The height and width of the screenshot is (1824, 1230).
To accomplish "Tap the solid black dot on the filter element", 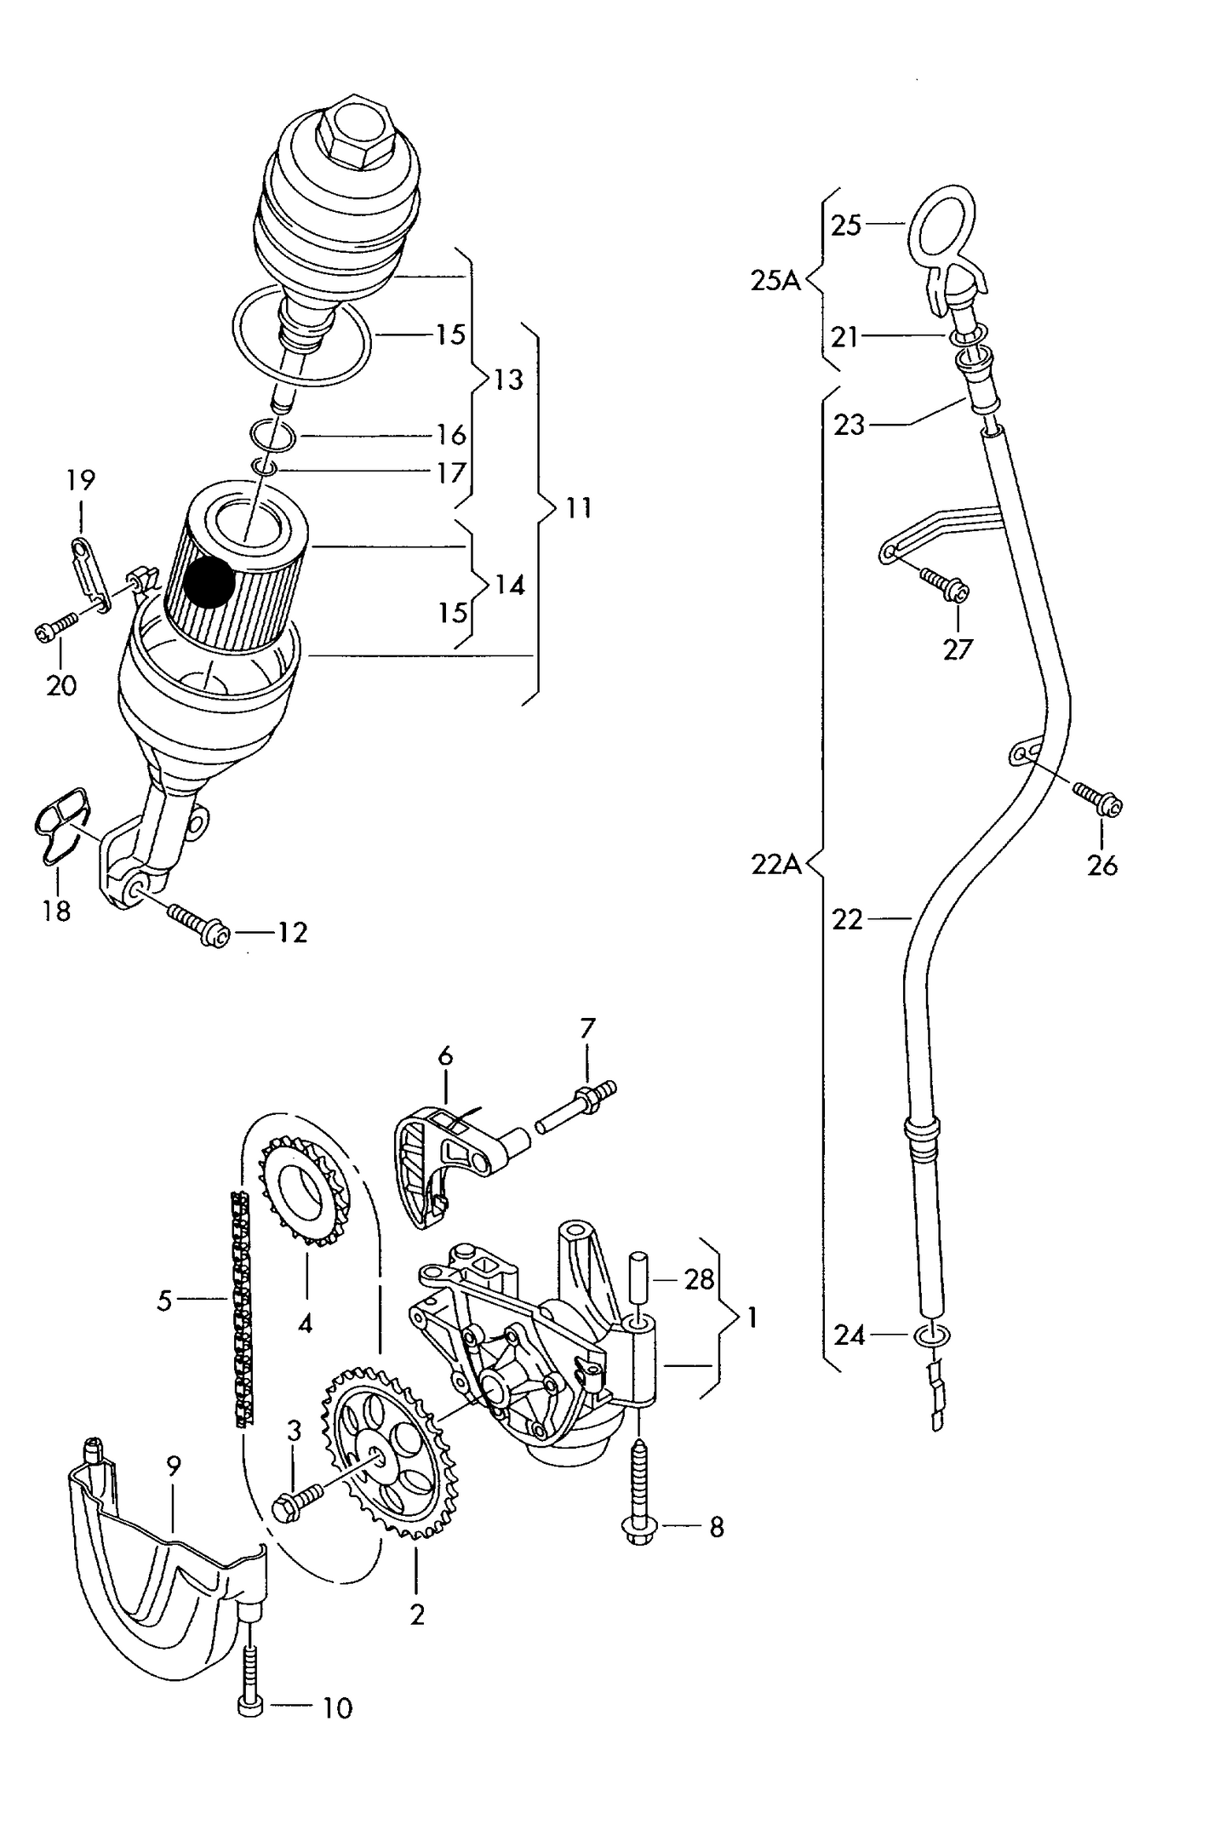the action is coord(209,583).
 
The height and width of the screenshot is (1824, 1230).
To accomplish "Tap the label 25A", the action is coord(775,280).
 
